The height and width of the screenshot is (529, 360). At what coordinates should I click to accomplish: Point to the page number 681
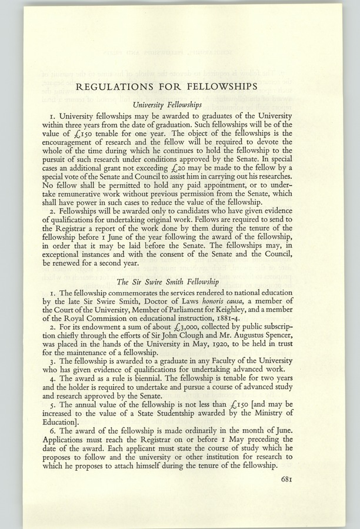coord(283,479)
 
